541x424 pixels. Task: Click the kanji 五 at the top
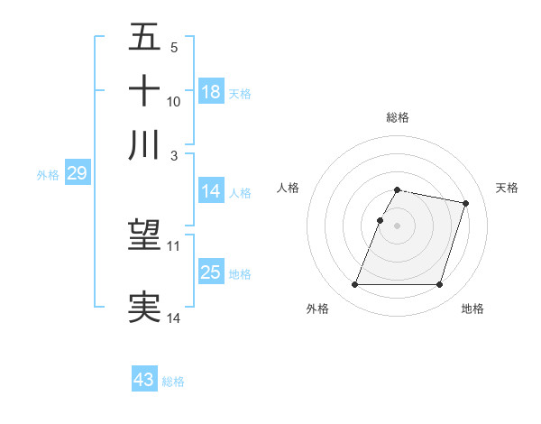pos(145,41)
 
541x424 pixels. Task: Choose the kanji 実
pos(145,306)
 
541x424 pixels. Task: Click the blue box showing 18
pos(211,92)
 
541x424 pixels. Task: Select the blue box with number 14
pos(211,191)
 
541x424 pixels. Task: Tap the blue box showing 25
pos(211,272)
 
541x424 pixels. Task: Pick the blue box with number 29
pos(77,174)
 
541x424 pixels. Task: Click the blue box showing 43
pos(144,380)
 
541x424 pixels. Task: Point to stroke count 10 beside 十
pos(174,102)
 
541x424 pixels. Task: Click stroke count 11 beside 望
pos(174,245)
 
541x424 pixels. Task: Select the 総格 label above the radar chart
pos(398,118)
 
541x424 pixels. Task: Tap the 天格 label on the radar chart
pos(507,188)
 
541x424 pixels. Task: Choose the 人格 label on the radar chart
pos(289,188)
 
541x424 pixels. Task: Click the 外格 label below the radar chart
pos(317,309)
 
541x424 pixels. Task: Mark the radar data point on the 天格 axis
pos(465,204)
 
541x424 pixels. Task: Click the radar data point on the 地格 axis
pos(439,285)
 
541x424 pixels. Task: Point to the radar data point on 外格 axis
pos(355,285)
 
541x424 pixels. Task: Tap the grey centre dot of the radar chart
pos(398,226)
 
